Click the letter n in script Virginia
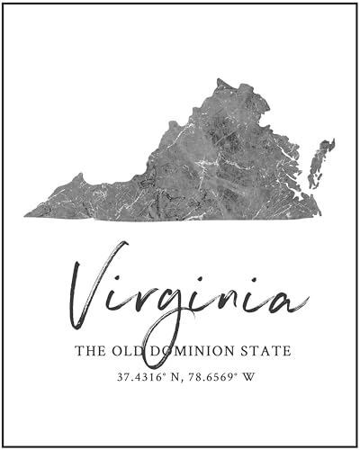(x=223, y=298)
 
